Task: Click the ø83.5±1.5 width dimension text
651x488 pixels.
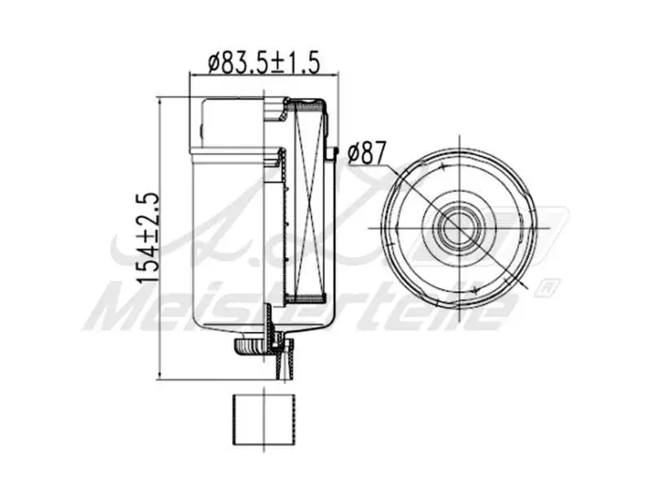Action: (x=263, y=61)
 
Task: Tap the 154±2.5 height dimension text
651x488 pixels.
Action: (x=146, y=237)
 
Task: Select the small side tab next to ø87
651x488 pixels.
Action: (x=332, y=152)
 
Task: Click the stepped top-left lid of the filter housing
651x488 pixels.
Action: (x=232, y=122)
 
